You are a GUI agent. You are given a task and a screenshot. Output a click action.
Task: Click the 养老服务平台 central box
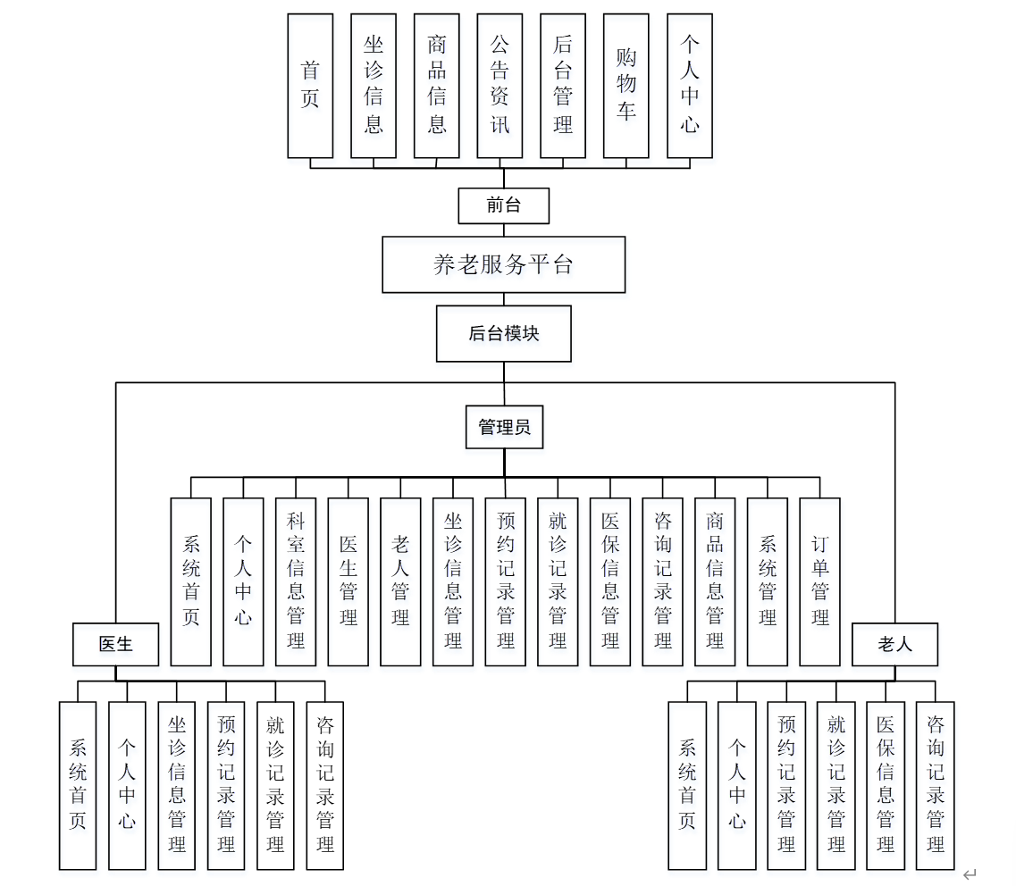coord(503,264)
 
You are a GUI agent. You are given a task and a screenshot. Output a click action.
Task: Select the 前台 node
coord(503,205)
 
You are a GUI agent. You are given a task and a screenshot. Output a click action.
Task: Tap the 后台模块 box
coord(503,333)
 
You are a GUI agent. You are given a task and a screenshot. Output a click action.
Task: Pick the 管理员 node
coord(504,427)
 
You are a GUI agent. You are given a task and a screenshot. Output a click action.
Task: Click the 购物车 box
coord(626,86)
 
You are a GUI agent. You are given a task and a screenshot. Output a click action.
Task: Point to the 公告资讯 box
coord(500,86)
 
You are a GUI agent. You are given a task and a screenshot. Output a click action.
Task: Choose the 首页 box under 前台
coord(310,86)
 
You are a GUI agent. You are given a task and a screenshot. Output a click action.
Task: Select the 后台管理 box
coord(563,86)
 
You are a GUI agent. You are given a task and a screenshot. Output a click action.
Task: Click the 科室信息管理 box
coord(296,581)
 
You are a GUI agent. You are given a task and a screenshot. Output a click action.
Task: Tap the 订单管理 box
coord(819,581)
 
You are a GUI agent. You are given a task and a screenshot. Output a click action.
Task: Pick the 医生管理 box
coord(348,581)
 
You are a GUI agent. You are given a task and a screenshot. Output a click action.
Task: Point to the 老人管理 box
coord(400,581)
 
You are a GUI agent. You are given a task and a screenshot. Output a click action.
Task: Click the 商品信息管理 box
coord(715,581)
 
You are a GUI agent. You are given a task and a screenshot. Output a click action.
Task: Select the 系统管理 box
coord(767,581)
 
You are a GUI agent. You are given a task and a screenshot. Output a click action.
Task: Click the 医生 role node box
coord(115,644)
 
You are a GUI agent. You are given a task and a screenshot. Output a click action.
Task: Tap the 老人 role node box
coord(894,644)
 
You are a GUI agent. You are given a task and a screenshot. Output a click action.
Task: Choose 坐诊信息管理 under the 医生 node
coord(177,785)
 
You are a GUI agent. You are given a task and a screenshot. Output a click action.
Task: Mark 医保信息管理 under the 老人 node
coord(886,785)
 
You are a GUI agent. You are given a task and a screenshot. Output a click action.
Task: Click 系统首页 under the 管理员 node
coord(190,581)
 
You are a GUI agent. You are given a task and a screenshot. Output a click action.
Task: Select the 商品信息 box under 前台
coord(436,86)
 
